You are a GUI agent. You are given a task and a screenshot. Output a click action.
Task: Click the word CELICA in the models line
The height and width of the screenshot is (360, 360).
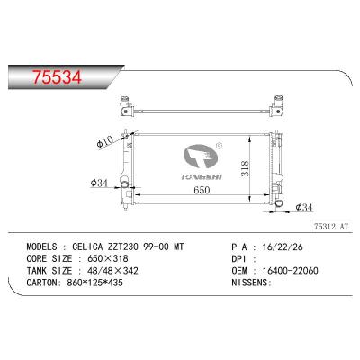pyautogui.click(x=88, y=244)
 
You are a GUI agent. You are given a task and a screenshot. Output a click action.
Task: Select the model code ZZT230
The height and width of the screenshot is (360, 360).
pyautogui.click(x=128, y=244)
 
